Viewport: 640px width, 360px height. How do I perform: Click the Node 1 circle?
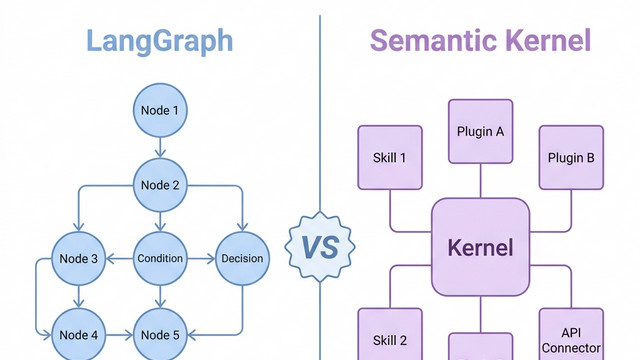(160, 111)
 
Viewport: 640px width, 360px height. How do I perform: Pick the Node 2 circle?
(160, 184)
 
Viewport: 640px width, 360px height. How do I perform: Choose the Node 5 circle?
(160, 333)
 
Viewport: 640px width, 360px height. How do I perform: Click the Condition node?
(160, 258)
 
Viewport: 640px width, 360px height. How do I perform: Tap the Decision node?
(241, 258)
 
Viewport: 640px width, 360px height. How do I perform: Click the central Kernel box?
(480, 247)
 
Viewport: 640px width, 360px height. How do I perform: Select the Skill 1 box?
(390, 157)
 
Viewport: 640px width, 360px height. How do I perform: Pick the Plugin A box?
(480, 131)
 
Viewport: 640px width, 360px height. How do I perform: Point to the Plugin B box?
(571, 157)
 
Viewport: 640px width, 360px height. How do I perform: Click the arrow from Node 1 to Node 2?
(160, 147)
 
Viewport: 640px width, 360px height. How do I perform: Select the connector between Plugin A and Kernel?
(480, 180)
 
